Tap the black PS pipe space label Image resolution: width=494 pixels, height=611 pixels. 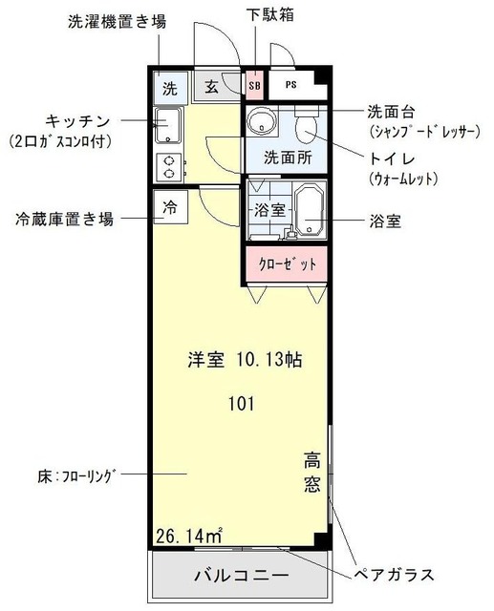[x=290, y=85]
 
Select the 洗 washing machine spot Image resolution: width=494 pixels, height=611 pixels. [x=169, y=90]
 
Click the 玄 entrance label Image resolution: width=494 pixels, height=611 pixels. [x=210, y=89]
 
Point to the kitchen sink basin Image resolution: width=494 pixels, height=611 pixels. [x=169, y=127]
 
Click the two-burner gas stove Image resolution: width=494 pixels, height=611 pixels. [x=169, y=167]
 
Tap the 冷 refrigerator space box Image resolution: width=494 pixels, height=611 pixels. [x=169, y=207]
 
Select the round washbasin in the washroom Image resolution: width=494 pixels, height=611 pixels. [x=259, y=121]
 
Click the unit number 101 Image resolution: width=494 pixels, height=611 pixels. [x=240, y=403]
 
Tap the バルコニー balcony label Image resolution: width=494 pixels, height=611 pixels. [x=242, y=577]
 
